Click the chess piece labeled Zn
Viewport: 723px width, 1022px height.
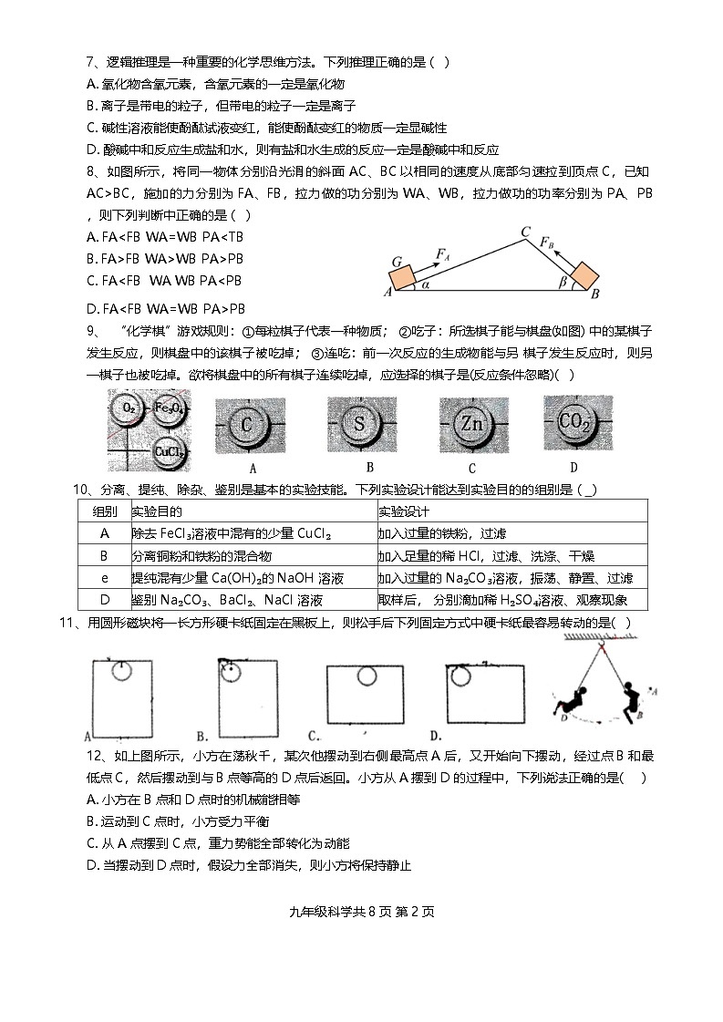tap(472, 424)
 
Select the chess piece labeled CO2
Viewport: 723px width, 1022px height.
tap(577, 422)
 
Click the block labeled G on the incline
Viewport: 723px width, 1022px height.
tap(402, 271)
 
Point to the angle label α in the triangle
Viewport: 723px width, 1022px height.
tap(425, 284)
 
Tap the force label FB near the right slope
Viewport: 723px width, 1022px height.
tap(545, 244)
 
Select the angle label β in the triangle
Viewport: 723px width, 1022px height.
tap(563, 284)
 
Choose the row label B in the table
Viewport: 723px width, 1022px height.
tap(104, 556)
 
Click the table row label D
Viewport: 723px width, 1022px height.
tap(104, 600)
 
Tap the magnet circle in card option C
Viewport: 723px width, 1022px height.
tap(366, 676)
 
